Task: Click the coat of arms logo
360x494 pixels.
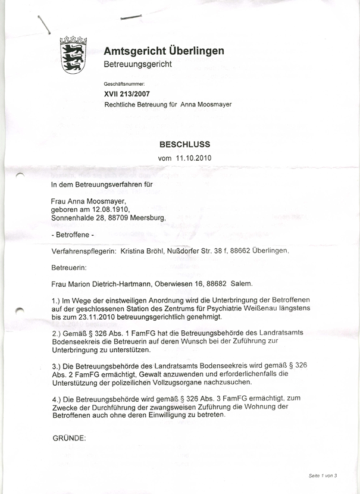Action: click(x=74, y=54)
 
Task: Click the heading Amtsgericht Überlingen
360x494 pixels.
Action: click(x=164, y=51)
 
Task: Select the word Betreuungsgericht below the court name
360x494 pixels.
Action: click(x=137, y=64)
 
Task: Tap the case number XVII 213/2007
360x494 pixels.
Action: click(x=127, y=94)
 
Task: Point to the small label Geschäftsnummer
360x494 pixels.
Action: click(x=124, y=85)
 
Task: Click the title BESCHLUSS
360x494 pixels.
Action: click(x=184, y=144)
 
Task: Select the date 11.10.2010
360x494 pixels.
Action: click(x=194, y=158)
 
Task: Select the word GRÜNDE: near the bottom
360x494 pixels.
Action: click(x=70, y=438)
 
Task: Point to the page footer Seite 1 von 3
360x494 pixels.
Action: click(x=323, y=476)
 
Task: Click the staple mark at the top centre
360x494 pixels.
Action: click(x=131, y=17)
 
